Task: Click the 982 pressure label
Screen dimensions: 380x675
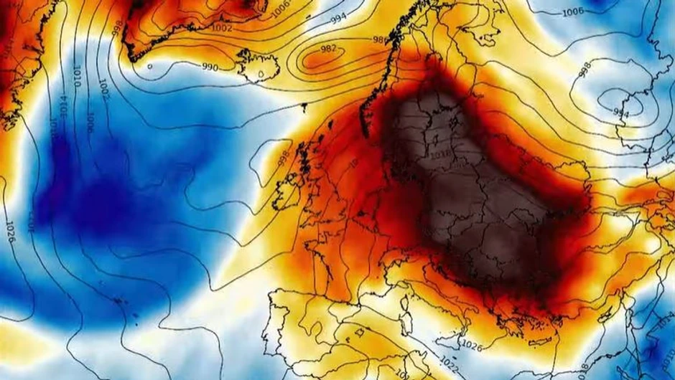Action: pos(328,49)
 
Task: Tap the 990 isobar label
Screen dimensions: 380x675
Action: pos(210,67)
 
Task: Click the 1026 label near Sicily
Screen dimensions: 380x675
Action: pos(472,346)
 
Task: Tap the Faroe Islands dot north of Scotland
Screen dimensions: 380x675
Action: pos(304,108)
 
